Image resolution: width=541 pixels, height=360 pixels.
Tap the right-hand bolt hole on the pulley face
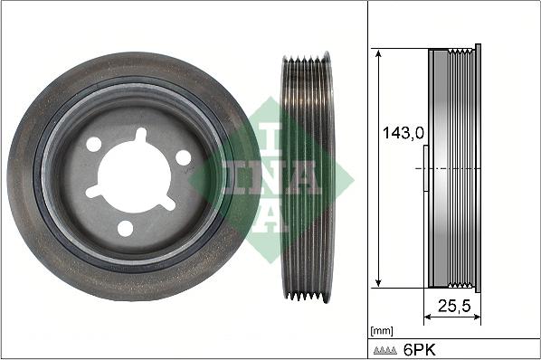pyautogui.click(x=184, y=157)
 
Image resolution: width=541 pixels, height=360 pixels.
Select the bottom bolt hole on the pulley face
pyautogui.click(x=125, y=228)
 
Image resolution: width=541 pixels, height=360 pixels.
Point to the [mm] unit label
pyautogui.click(x=383, y=332)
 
